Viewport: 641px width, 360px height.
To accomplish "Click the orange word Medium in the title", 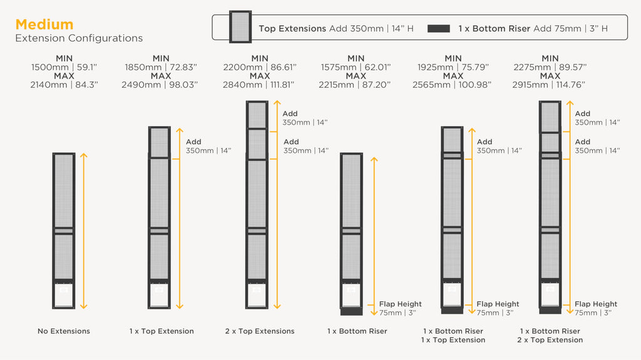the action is (x=44, y=24).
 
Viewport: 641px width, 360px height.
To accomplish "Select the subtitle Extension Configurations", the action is (x=79, y=38).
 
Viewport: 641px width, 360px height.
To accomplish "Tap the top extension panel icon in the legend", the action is (x=240, y=27).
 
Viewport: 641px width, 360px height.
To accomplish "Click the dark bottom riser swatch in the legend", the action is (x=439, y=29).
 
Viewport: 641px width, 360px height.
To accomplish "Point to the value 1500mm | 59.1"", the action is (x=64, y=67).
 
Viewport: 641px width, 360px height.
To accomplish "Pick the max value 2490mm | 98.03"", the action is (x=160, y=85).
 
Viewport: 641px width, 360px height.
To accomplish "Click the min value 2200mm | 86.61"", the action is (x=260, y=67).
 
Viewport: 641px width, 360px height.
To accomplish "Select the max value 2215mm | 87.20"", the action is (x=355, y=85).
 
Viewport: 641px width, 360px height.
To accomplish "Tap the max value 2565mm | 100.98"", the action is (x=452, y=85).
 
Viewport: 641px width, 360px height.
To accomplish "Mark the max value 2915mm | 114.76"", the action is (x=548, y=85).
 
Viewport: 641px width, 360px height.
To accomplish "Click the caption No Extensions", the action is (x=64, y=331).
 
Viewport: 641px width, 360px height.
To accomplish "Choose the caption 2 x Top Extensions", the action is (x=260, y=331).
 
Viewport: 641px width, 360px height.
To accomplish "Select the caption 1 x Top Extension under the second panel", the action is (x=162, y=331).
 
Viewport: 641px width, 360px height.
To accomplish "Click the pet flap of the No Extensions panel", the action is (x=64, y=294).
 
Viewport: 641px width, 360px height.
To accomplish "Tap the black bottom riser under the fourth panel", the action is (x=351, y=311).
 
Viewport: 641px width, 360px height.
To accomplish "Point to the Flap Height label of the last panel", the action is (x=596, y=304).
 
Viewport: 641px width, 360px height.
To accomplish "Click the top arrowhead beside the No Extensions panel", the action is (x=84, y=155).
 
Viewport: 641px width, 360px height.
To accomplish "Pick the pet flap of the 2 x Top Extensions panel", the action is (x=257, y=294).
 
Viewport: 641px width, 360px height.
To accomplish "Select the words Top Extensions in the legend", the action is (x=292, y=29).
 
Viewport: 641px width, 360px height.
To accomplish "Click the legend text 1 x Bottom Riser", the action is (x=495, y=29).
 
